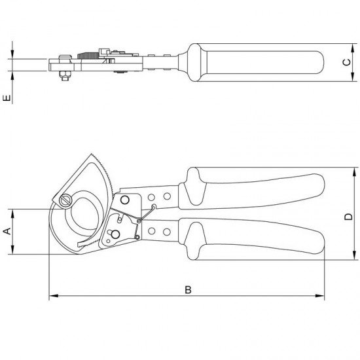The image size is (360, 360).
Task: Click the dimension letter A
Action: (8, 231)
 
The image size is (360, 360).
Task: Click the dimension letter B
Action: (188, 290)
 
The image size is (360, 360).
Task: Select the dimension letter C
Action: (347, 62)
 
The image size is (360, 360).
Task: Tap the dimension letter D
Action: (348, 217)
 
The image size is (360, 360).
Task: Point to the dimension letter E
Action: (7, 98)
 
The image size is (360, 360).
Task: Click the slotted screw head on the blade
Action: (65, 201)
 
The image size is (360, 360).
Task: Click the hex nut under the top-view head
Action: (65, 75)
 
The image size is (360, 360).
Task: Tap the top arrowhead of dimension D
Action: (355, 172)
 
